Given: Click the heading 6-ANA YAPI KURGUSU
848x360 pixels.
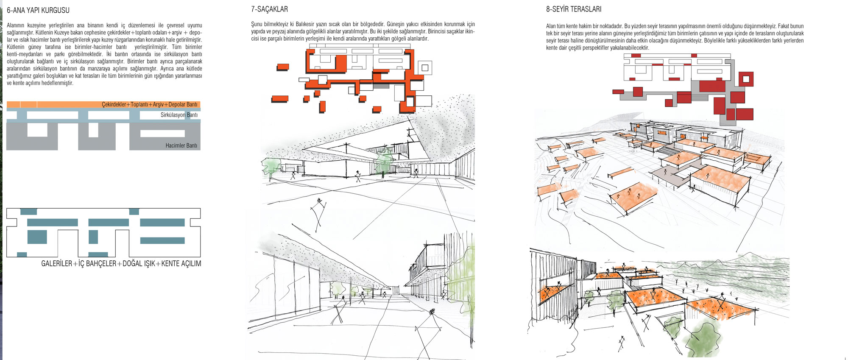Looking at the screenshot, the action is point(38,10).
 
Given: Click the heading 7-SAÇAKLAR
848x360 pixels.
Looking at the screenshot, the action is point(269,9).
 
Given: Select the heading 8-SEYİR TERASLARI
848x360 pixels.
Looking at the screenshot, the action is point(574,9).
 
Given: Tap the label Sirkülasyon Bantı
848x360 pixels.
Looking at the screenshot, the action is point(179,115).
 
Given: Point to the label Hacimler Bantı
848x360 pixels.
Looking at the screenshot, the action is point(181,145).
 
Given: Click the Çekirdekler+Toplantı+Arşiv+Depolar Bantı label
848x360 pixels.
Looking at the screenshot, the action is point(150,104).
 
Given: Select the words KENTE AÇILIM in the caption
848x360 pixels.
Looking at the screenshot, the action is point(181,263).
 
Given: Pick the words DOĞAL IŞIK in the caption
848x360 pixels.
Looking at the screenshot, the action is point(139,263).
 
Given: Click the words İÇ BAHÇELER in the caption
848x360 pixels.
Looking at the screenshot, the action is point(98,263).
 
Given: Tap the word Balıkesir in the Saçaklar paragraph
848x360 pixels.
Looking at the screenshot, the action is point(305,24).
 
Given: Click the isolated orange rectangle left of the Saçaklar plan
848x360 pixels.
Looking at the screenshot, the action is point(283,67).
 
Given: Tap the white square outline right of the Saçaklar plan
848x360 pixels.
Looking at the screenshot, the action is point(424,68).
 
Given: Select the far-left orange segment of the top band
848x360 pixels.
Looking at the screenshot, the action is point(13,104).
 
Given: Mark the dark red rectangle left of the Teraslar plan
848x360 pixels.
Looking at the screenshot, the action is point(618,92).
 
